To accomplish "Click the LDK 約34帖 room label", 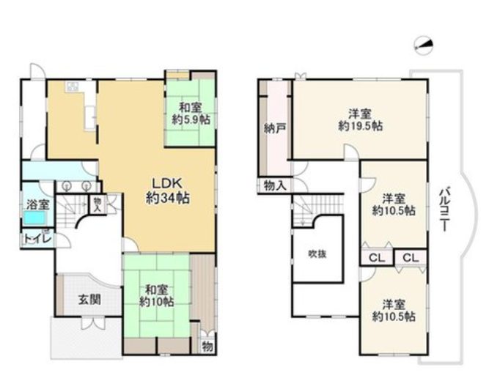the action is [x=168, y=190].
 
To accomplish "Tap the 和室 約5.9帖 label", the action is [x=191, y=114].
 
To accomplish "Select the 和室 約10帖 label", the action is [x=157, y=296].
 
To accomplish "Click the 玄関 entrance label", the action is [x=89, y=300].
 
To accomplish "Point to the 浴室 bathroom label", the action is [x=37, y=205].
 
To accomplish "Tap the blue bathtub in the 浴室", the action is [x=34, y=218].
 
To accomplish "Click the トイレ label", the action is [x=37, y=240].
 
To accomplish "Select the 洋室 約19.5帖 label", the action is [x=361, y=120].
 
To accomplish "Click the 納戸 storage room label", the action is [x=273, y=128].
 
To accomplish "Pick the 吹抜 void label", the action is [x=317, y=254].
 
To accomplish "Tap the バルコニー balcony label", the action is [x=444, y=209].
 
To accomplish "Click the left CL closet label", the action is [x=377, y=258].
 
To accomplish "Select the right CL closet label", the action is [x=411, y=258].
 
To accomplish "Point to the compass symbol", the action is [x=424, y=46].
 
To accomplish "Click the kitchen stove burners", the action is [x=73, y=86].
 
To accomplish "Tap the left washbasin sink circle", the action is [x=66, y=186].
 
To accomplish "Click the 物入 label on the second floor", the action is [x=275, y=186].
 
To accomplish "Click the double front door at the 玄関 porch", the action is [x=93, y=322].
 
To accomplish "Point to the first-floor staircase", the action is [x=71, y=210].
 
